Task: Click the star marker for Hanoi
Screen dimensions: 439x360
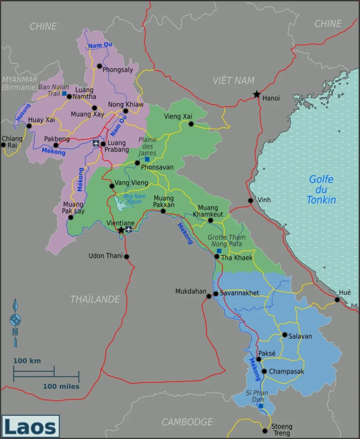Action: pyautogui.click(x=256, y=94)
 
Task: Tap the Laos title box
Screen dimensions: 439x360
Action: pyautogui.click(x=30, y=427)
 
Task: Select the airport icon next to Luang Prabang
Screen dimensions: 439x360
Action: pyautogui.click(x=96, y=143)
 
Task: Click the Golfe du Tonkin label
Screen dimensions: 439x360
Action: pyautogui.click(x=321, y=189)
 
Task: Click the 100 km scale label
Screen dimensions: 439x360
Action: pyautogui.click(x=27, y=361)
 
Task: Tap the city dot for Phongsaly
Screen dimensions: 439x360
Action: pyautogui.click(x=99, y=66)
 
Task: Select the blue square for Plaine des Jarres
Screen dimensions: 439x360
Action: pyautogui.click(x=147, y=159)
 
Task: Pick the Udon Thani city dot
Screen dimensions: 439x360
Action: pyautogui.click(x=126, y=257)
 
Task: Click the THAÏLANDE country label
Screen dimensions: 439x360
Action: pyautogui.click(x=95, y=299)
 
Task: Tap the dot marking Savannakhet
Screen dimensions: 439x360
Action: pyautogui.click(x=216, y=294)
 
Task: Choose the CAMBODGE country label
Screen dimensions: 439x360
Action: pyautogui.click(x=187, y=422)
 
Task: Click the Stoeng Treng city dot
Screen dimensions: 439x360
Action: pyautogui.click(x=265, y=431)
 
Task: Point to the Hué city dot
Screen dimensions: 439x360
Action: pyautogui.click(x=337, y=300)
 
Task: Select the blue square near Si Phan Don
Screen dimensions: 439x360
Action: pyautogui.click(x=261, y=406)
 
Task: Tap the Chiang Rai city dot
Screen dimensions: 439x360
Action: pyautogui.click(x=3, y=145)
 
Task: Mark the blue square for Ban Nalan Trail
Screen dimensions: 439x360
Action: pyautogui.click(x=64, y=93)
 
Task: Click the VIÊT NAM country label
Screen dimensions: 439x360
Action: pyautogui.click(x=234, y=80)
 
